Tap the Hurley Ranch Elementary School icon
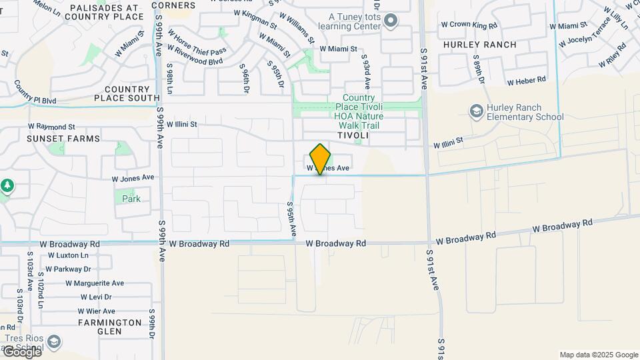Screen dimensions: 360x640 point(476,110)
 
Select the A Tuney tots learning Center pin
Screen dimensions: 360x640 point(391,22)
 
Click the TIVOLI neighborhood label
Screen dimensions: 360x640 point(353,135)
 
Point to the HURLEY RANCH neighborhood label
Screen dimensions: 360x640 point(479,45)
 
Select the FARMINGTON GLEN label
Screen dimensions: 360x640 point(110,327)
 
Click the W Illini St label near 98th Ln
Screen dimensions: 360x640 point(182,124)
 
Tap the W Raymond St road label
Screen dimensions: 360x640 point(51,126)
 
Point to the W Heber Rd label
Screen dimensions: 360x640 point(526,81)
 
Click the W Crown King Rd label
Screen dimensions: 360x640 point(469,25)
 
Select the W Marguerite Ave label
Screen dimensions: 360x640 point(95,283)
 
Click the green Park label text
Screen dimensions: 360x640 point(131,199)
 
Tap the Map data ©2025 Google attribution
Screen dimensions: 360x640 point(599,355)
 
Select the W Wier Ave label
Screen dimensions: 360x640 point(97,311)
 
